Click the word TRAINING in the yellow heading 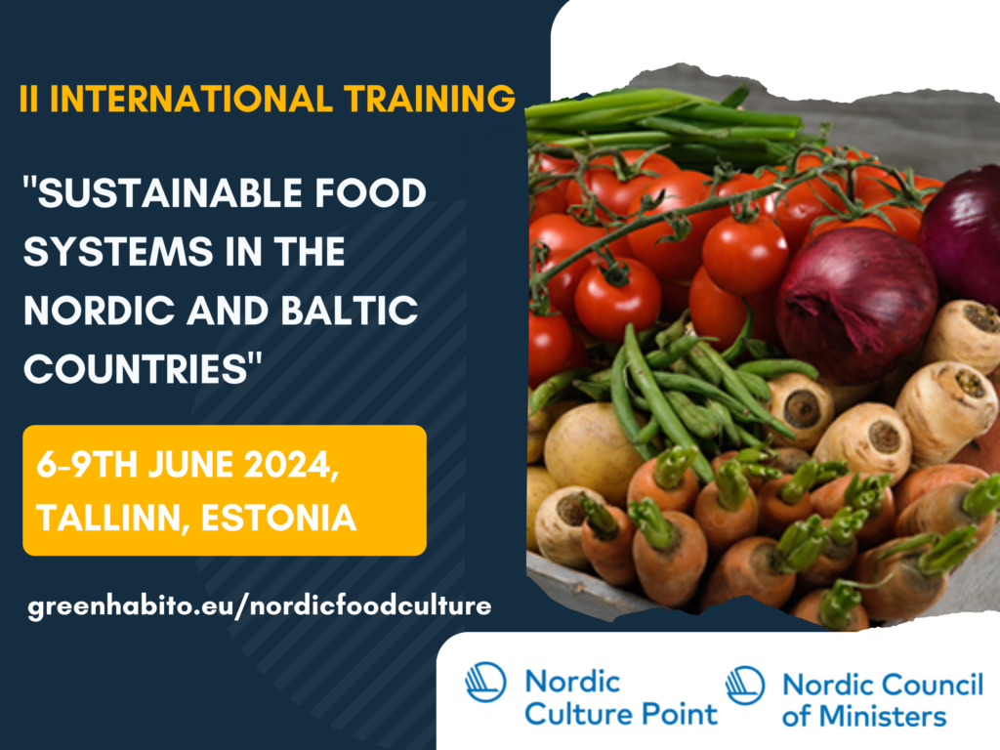point(430,99)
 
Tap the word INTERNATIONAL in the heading point(190,99)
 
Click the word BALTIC point(350,310)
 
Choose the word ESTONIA point(278,518)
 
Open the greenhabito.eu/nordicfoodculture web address point(260,605)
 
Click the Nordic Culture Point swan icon point(485,683)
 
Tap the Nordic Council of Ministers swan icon point(745,686)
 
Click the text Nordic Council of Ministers point(883,699)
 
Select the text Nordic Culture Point point(621,697)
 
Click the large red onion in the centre point(854,303)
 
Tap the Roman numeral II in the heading point(28,99)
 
